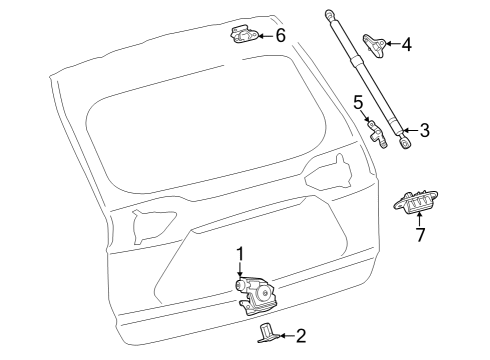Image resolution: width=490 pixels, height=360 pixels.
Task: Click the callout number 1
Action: pos(240,254)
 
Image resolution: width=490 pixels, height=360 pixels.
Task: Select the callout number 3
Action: pos(425,130)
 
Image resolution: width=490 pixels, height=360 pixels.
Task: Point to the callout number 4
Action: pos(406,45)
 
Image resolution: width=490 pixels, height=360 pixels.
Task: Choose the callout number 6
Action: pos(280,36)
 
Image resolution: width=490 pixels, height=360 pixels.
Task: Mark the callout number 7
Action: pos(420,235)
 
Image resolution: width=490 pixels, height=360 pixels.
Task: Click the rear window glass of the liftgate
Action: pos(200,140)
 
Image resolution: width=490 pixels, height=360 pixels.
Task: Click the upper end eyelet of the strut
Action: pos(329,13)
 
